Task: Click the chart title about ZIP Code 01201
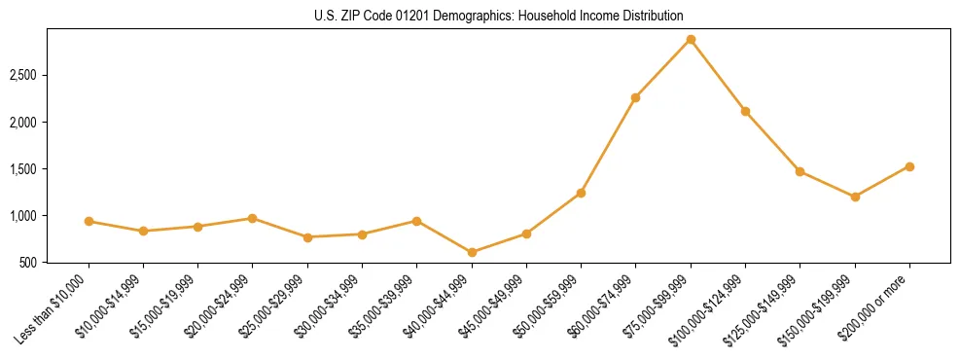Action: click(x=499, y=17)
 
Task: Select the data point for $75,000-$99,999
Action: click(x=691, y=39)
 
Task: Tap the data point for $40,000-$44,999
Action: click(x=472, y=252)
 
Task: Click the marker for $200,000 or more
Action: click(x=909, y=166)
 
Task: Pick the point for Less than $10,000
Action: click(x=89, y=221)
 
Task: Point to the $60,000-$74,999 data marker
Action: click(x=635, y=97)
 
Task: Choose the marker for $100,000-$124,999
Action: click(x=745, y=111)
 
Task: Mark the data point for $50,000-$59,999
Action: click(x=581, y=193)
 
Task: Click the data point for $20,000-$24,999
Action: click(x=253, y=218)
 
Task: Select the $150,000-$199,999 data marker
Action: click(x=855, y=197)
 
